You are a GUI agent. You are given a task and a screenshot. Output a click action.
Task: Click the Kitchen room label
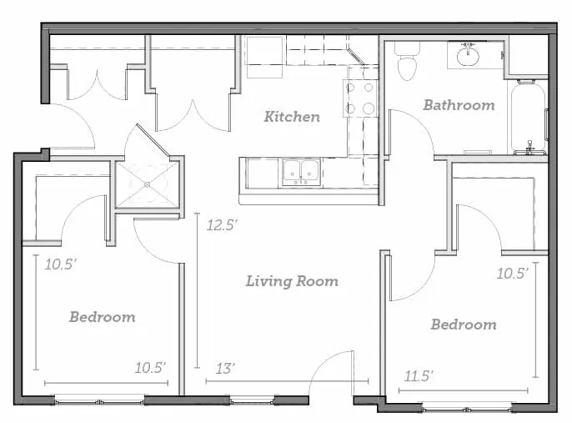point(292,117)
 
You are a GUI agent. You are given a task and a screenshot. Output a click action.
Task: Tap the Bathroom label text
point(459,105)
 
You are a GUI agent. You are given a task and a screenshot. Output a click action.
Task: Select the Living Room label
point(292,281)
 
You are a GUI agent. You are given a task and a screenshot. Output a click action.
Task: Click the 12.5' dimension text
point(222,224)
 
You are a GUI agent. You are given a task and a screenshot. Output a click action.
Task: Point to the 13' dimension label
point(225,369)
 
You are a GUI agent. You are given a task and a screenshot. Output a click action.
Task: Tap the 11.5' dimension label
point(419,376)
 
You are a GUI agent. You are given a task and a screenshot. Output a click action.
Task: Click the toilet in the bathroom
point(407,61)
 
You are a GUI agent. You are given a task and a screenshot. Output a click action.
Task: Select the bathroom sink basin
point(468,55)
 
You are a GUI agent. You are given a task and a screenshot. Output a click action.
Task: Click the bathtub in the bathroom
point(529,118)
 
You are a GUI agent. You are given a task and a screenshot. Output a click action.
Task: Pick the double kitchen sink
point(301,173)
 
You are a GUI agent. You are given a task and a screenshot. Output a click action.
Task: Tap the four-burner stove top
point(359,98)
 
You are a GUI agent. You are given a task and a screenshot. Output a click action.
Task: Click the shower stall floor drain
point(147,184)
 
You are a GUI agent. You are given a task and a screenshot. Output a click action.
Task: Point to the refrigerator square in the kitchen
point(265,57)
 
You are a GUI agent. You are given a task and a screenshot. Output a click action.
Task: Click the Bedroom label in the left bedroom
point(103,317)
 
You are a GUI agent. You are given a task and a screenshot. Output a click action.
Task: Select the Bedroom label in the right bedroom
point(464,325)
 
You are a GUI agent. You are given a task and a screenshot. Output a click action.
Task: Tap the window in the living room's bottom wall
point(252,401)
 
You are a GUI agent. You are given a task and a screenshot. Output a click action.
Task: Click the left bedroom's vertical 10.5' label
point(61,264)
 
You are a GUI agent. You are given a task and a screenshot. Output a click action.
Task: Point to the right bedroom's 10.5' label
point(512,274)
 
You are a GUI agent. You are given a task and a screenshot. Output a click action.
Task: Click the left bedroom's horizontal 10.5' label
point(150,368)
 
